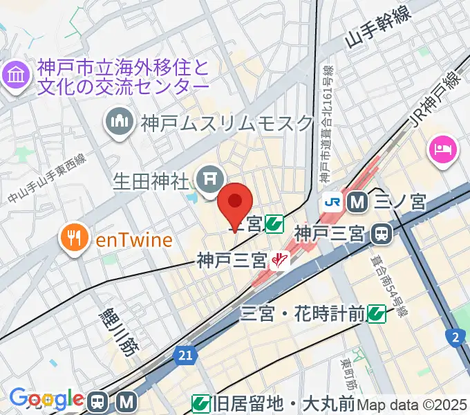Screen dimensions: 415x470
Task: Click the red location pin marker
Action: [x=235, y=204]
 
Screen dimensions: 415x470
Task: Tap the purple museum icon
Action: [x=16, y=75]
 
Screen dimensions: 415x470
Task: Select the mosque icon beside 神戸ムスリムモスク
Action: [x=120, y=124]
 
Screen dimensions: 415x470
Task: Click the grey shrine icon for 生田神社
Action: [x=208, y=181]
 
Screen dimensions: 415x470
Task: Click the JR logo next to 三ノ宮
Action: [x=333, y=203]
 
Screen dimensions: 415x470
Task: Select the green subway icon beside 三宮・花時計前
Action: [x=377, y=315]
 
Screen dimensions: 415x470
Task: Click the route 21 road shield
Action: [x=182, y=353]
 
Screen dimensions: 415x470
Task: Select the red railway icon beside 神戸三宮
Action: [x=280, y=261]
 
